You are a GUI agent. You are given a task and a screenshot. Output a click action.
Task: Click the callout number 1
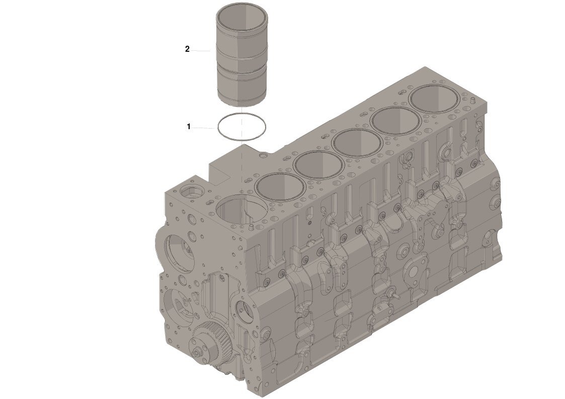click(189, 127)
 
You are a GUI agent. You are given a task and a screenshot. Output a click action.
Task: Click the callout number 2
click(187, 49)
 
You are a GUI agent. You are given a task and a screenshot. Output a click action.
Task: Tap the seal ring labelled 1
click(218, 127)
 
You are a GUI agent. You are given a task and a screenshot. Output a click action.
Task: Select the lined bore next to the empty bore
click(280, 186)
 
